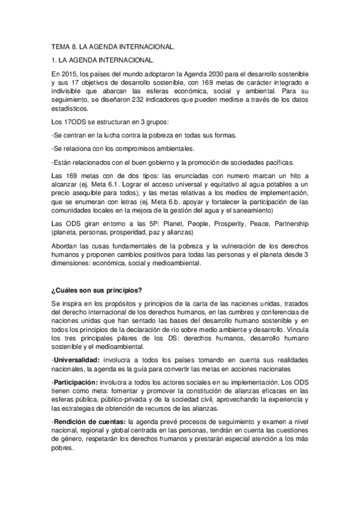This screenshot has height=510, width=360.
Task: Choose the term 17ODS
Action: click(x=76, y=122)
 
